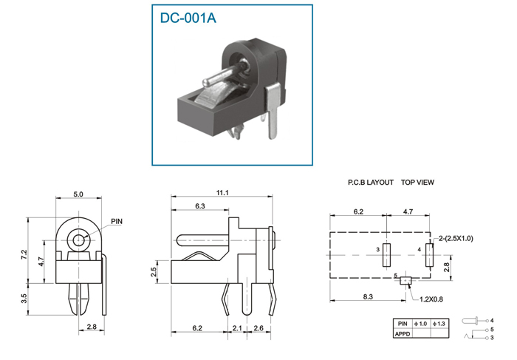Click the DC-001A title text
point(188,18)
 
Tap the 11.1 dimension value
point(222,193)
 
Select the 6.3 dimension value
point(200,206)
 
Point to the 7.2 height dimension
point(24,254)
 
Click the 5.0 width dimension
point(78,194)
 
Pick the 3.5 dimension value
point(24,299)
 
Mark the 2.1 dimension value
point(237,328)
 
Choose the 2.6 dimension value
point(258,328)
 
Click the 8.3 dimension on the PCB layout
point(368,296)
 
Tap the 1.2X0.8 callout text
point(431,299)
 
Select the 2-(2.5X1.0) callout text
point(456,239)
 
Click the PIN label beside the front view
point(117,222)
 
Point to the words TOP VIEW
point(417,183)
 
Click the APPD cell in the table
point(403,334)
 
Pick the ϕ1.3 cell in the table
point(439,324)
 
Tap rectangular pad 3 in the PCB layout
point(386,255)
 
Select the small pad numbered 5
point(405,280)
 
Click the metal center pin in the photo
point(225,73)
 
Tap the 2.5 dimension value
point(154,272)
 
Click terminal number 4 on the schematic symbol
point(492,320)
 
